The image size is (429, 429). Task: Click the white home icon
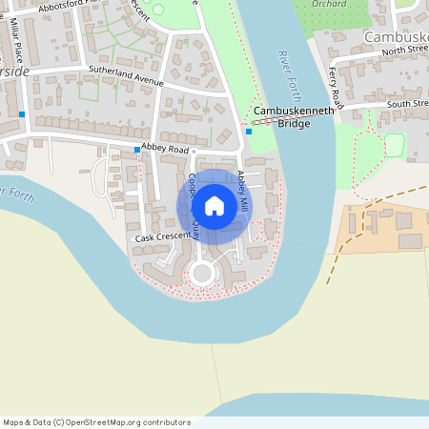214,206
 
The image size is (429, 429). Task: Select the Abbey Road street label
165,148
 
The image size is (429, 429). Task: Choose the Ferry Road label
335,87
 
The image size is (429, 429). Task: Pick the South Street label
407,103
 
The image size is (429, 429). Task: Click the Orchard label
328,5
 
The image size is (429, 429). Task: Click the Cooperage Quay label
194,203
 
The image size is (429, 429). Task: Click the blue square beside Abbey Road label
136,150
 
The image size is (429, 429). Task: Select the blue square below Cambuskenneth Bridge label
249,132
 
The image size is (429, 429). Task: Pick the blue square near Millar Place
21,114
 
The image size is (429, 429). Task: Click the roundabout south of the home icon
201,274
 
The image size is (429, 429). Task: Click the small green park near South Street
394,145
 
